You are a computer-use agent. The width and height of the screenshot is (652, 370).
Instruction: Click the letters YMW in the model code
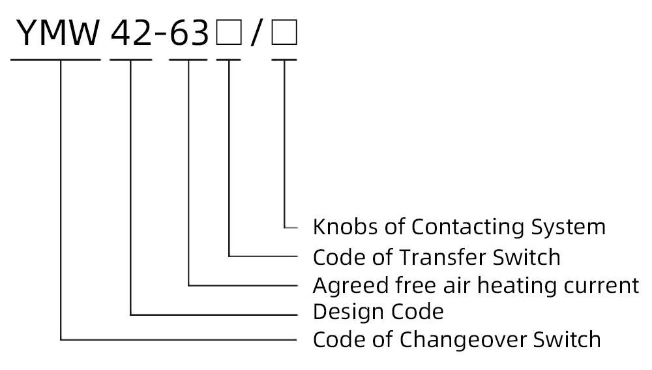point(57,34)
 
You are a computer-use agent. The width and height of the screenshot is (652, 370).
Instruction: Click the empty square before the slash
point(229,35)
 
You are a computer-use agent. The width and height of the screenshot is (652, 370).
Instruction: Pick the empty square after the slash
point(284,35)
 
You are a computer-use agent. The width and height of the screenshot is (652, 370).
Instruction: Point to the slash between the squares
point(257,35)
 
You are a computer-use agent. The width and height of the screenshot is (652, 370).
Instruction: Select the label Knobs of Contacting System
point(459,227)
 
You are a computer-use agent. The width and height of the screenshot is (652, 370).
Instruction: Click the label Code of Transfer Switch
point(436,257)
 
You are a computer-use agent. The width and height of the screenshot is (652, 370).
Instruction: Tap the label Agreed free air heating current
point(476,286)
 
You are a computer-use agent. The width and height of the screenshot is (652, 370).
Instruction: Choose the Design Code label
point(378,311)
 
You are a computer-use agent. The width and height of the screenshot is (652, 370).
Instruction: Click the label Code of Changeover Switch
point(456,340)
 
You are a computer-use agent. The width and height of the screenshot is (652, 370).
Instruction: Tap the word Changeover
point(466,340)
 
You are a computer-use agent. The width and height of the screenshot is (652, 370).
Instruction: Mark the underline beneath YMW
point(56,59)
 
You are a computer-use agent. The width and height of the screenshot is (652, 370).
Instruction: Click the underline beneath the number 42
point(131,59)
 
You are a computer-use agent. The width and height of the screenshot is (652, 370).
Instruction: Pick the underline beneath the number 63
point(188,59)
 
